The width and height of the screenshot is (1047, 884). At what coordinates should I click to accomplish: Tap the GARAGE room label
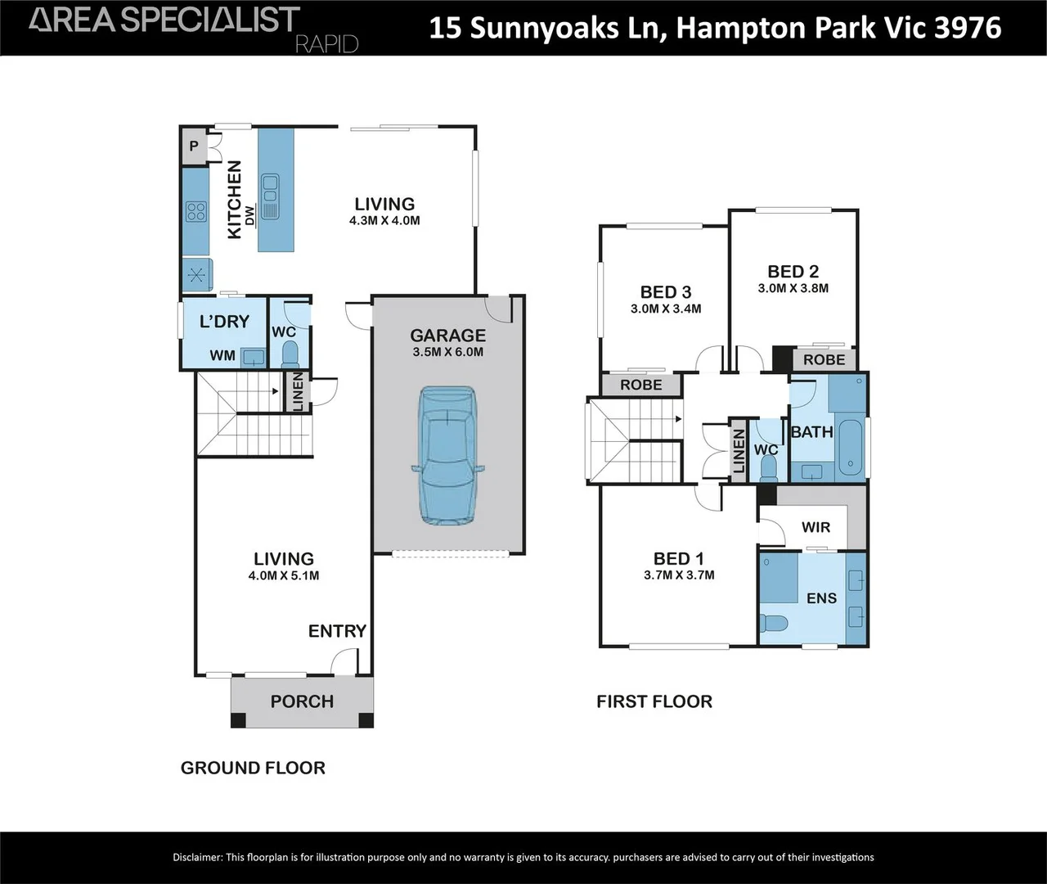[447, 336]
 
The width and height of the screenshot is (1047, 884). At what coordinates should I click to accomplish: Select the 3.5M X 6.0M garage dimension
[447, 353]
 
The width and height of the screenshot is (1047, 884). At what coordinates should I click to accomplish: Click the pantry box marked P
[194, 147]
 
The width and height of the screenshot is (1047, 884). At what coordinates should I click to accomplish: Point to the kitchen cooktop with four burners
[195, 212]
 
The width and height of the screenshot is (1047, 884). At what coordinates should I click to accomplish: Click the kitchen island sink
[270, 197]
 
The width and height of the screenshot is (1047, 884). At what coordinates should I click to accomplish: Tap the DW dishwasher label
[250, 214]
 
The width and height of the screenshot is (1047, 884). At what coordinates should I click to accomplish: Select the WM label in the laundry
[222, 355]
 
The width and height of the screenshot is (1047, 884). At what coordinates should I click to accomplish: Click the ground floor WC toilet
[290, 354]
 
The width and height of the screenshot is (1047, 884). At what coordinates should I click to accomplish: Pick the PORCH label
[302, 701]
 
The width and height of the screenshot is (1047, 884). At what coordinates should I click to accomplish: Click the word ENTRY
[337, 631]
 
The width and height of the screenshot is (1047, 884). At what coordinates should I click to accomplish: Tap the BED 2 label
[793, 272]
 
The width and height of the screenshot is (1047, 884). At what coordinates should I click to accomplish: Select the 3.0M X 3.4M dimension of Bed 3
[666, 309]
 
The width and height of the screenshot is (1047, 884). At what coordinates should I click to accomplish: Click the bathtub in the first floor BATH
[851, 449]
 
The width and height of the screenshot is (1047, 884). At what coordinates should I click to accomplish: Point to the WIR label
[816, 527]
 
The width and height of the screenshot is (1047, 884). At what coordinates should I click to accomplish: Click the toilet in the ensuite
[773, 624]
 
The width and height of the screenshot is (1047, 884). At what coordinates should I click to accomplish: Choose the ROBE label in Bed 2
[824, 360]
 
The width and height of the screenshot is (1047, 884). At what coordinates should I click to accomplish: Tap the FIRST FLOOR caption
[654, 701]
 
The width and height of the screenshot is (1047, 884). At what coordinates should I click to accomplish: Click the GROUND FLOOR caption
[253, 768]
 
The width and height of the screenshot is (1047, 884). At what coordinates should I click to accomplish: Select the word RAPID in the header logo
[326, 44]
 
